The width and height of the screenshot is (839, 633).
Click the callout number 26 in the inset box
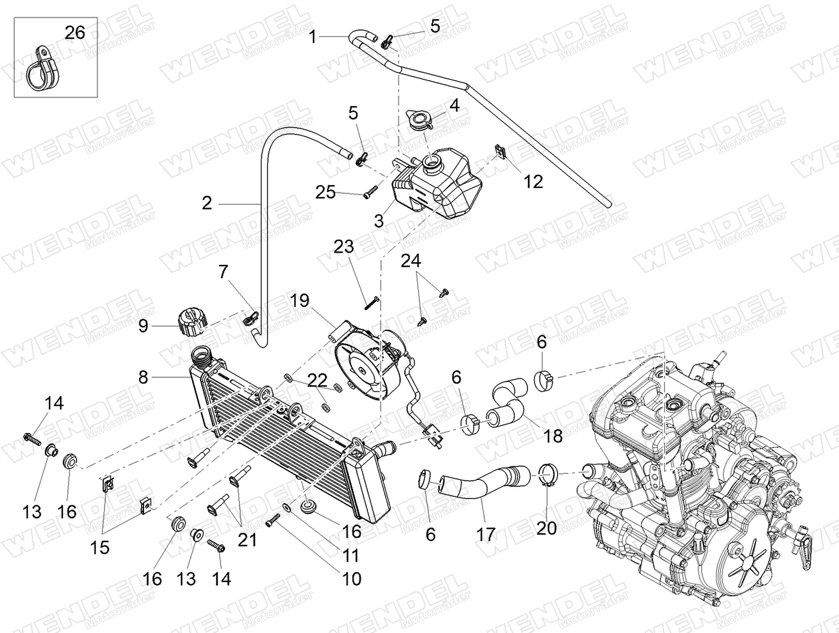pyautogui.click(x=74, y=33)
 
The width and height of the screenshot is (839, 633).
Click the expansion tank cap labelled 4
pyautogui.click(x=421, y=121)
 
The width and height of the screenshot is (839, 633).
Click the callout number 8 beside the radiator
pyautogui.click(x=143, y=378)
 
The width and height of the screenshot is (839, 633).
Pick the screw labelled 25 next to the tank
pyautogui.click(x=370, y=190)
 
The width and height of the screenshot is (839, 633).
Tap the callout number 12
pyautogui.click(x=533, y=181)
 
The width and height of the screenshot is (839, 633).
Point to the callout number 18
pyautogui.click(x=552, y=436)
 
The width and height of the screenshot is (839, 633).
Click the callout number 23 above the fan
pyautogui.click(x=343, y=246)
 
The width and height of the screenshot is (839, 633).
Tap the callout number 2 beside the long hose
pyautogui.click(x=206, y=203)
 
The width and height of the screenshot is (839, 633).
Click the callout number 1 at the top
pyautogui.click(x=313, y=37)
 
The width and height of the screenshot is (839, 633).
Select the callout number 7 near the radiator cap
pyautogui.click(x=223, y=272)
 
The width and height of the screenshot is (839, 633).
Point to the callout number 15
pyautogui.click(x=99, y=547)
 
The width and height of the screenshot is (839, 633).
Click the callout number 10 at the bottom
pyautogui.click(x=351, y=579)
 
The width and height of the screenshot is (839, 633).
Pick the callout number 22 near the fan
pyautogui.click(x=318, y=380)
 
